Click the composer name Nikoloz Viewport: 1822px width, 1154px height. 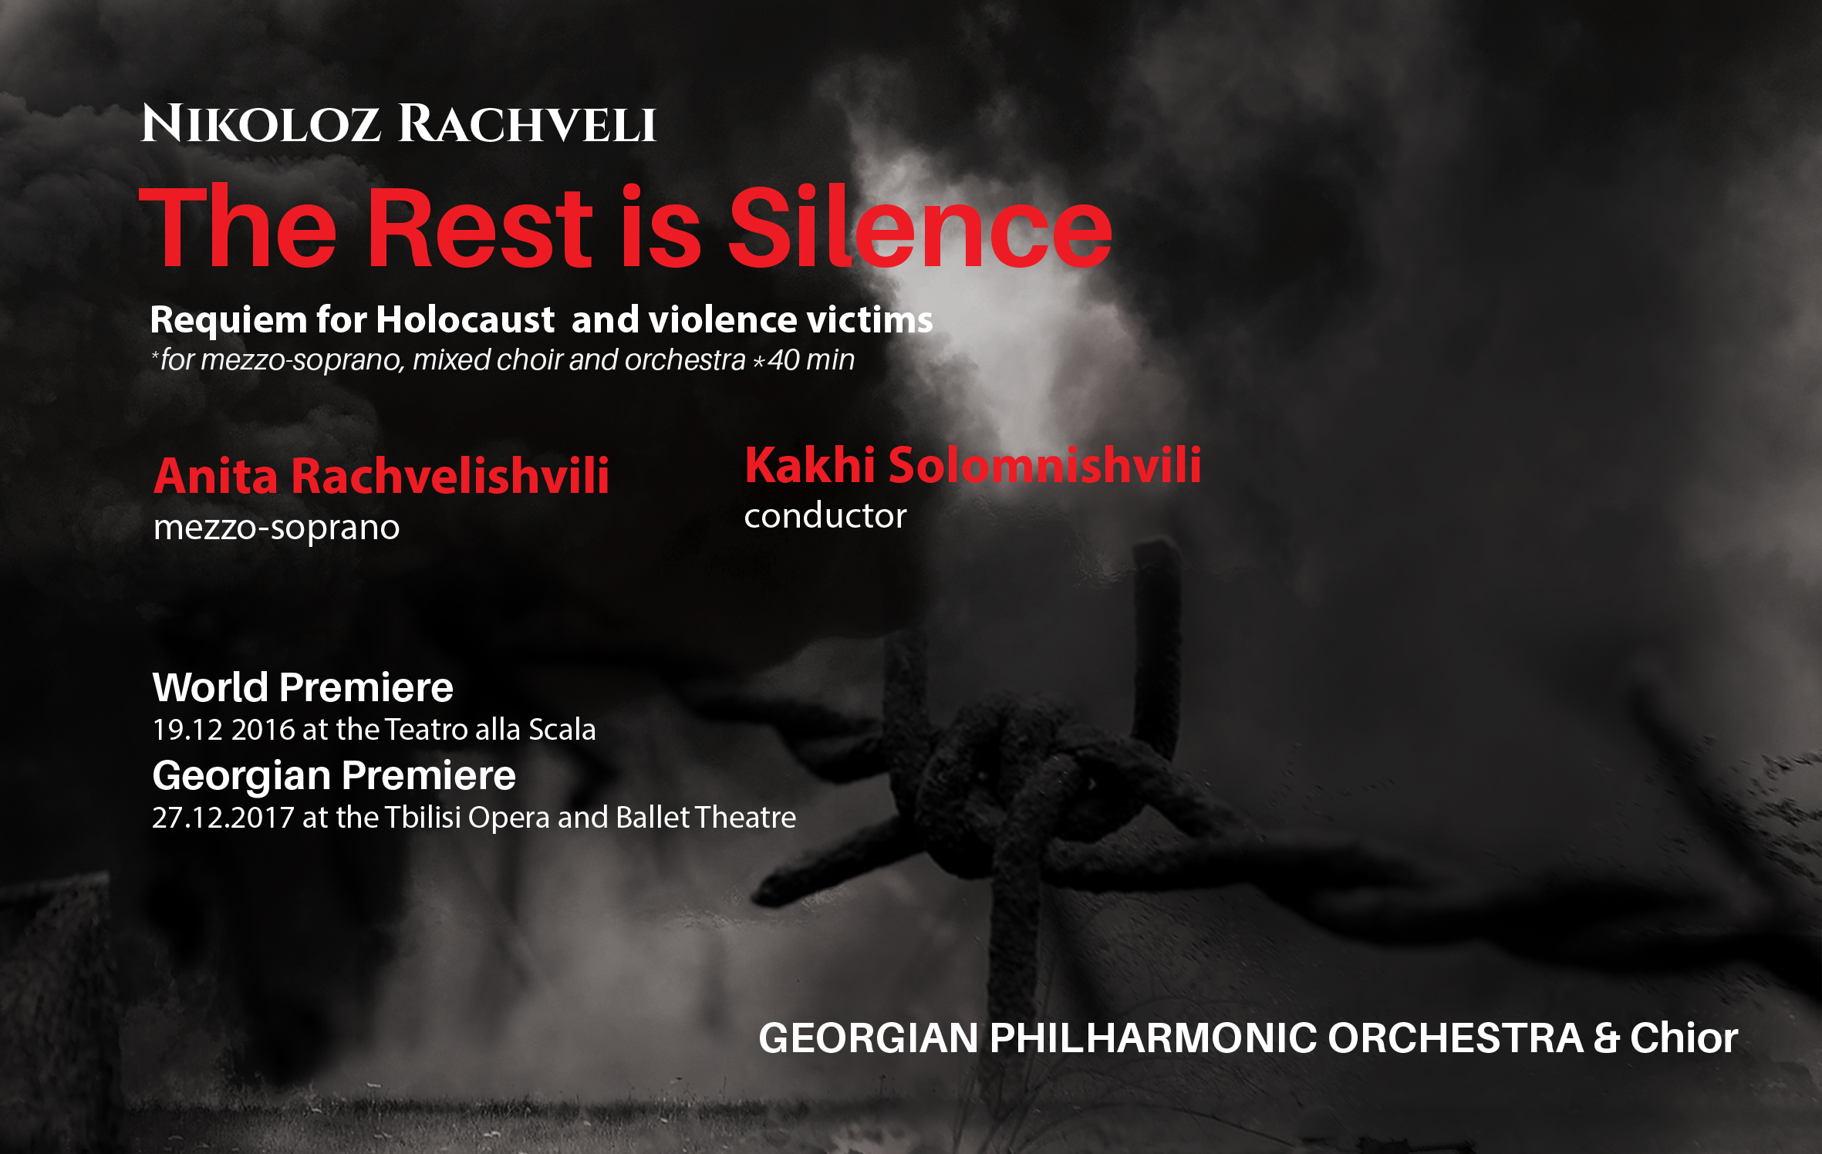[x=261, y=123]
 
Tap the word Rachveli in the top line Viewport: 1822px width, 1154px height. [x=527, y=123]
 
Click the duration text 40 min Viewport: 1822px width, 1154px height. [x=811, y=360]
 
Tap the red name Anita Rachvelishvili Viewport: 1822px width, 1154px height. [x=382, y=475]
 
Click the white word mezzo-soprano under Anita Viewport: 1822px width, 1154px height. [x=276, y=528]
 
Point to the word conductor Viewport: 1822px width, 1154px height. [x=825, y=516]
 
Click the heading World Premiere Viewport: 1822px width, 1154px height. [x=302, y=687]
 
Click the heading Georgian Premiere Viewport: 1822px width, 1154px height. [x=334, y=776]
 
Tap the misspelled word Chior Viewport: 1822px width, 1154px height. [x=1684, y=1038]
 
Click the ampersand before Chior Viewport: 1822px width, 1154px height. [x=1606, y=1038]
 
